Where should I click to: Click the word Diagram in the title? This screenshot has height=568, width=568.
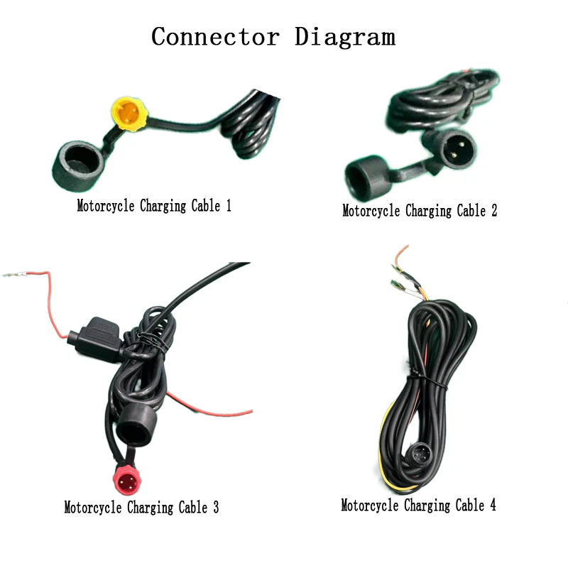pos(345,36)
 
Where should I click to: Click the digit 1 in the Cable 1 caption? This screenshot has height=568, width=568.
pos(228,207)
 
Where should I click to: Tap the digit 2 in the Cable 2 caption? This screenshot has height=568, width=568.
pos(493,211)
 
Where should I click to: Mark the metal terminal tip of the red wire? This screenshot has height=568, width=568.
pos(14,274)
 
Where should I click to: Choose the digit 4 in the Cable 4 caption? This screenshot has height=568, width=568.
pos(492,506)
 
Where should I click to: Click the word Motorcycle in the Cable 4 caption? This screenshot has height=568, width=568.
pos(370,506)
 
